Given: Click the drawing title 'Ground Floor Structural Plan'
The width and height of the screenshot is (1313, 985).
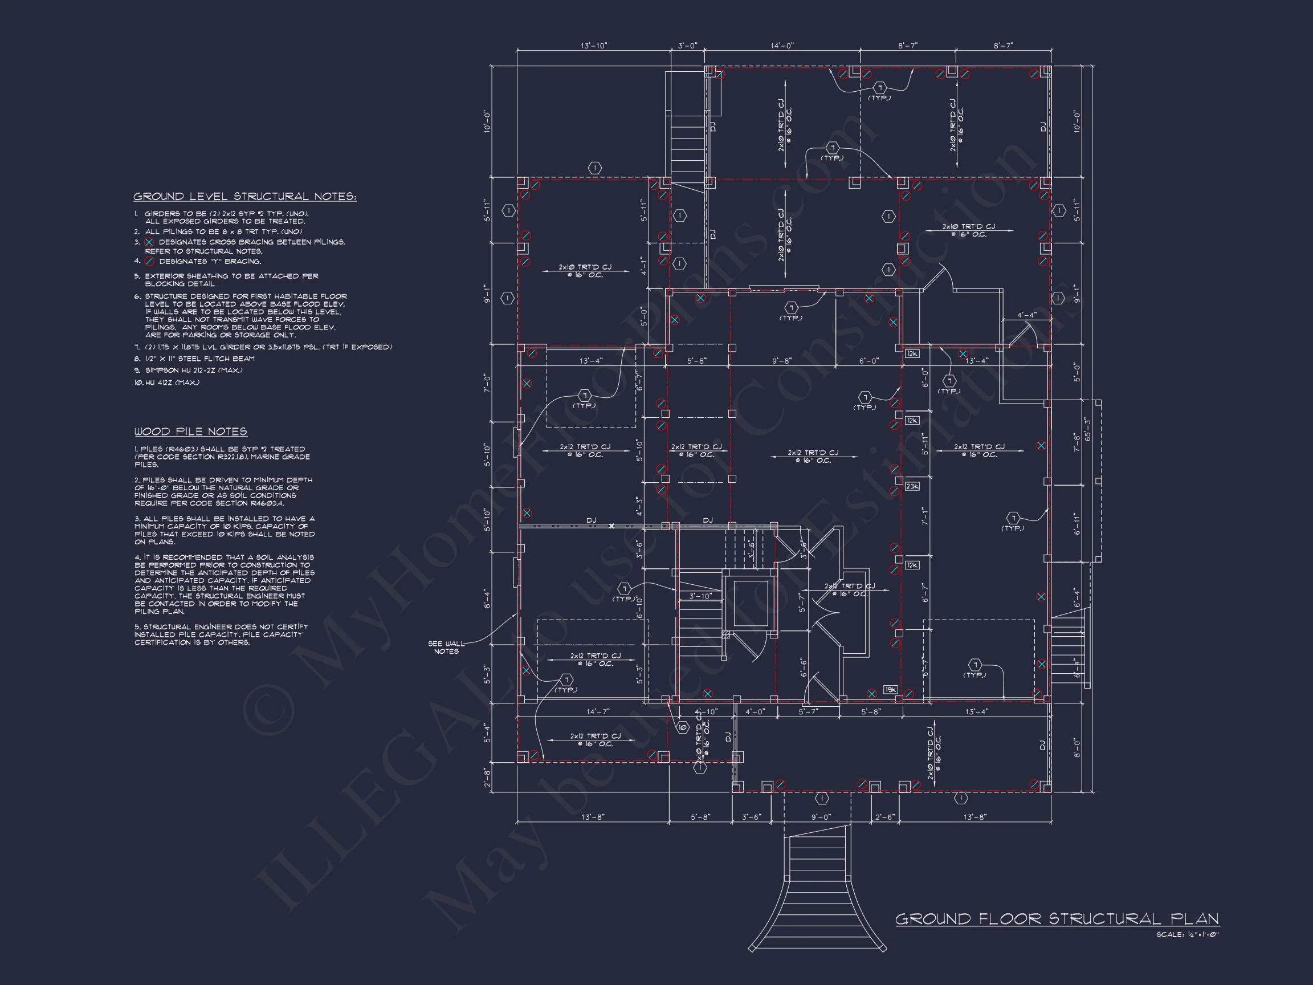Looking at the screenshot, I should pyautogui.click(x=1057, y=919).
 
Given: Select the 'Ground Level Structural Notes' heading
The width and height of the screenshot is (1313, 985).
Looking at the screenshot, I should pyautogui.click(x=244, y=197).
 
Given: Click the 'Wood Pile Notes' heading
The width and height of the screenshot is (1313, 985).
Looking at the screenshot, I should pyautogui.click(x=190, y=432).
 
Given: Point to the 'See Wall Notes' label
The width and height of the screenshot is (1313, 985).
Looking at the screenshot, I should pyautogui.click(x=446, y=647).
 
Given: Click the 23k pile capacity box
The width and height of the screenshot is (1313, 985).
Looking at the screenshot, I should pyautogui.click(x=912, y=486).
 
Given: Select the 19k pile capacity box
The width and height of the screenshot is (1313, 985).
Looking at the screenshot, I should pyautogui.click(x=890, y=689).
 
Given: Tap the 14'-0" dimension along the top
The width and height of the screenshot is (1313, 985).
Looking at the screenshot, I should pyautogui.click(x=782, y=46).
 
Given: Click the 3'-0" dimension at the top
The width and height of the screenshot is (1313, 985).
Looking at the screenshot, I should pyautogui.click(x=687, y=46).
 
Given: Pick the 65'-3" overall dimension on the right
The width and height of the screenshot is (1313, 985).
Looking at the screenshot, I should pyautogui.click(x=1087, y=428).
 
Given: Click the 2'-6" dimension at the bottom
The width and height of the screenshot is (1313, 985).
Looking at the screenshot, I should pyautogui.click(x=884, y=817).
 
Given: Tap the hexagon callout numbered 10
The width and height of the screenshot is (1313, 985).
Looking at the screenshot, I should pyautogui.click(x=682, y=726).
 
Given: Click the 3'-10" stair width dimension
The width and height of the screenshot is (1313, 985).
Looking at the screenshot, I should pyautogui.click(x=700, y=596).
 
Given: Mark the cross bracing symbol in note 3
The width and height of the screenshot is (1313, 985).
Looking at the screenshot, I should pyautogui.click(x=149, y=242).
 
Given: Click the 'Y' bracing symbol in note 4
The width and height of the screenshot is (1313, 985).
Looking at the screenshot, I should pyautogui.click(x=149, y=261).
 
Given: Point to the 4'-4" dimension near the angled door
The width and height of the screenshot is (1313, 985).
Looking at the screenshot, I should pyautogui.click(x=1026, y=315).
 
